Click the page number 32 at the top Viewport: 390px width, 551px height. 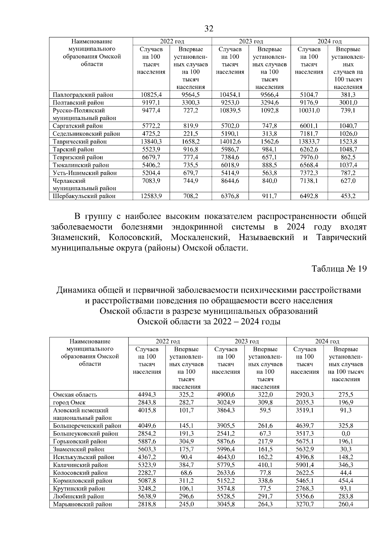click(x=209, y=29)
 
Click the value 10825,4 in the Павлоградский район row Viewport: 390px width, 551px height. click(x=151, y=95)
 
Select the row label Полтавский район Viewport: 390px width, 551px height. click(x=78, y=103)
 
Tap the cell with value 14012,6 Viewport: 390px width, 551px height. click(x=230, y=142)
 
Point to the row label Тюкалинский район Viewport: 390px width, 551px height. click(x=81, y=165)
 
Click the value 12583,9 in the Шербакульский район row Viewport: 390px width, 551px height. click(x=151, y=196)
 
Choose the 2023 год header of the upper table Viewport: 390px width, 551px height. click(x=251, y=41)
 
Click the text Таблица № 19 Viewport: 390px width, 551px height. click(x=339, y=269)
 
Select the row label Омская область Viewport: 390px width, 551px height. click(x=75, y=394)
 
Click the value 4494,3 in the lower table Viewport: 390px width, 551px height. click(x=147, y=394)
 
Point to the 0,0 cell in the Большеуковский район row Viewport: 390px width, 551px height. click(x=346, y=433)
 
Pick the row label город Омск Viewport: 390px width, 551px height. click(x=69, y=402)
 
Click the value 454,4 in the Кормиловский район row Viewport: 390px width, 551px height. click(x=346, y=481)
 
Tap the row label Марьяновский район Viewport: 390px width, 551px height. click(x=83, y=504)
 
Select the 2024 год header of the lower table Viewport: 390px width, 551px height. click(x=327, y=341)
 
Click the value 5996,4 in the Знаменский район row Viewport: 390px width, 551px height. click(x=226, y=449)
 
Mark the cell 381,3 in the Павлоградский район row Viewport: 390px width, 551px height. click(x=348, y=95)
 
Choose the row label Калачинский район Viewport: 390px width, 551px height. click(x=81, y=465)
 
